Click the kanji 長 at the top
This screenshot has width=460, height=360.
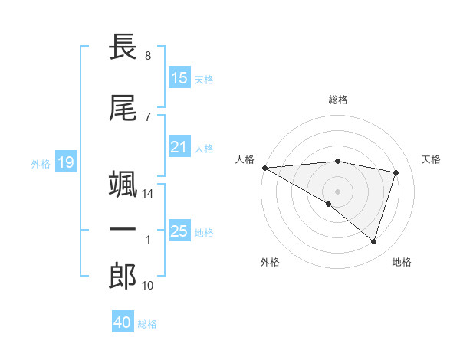(x=123, y=47)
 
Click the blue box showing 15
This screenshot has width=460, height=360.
(x=179, y=78)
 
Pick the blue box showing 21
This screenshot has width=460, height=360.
(x=179, y=147)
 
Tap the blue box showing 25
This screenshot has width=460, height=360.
(x=179, y=231)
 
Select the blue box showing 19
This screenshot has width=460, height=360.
(x=66, y=162)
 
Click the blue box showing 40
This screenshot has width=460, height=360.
(x=123, y=322)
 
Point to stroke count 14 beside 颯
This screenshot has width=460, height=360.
(x=148, y=195)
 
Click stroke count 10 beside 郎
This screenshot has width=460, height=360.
(x=148, y=286)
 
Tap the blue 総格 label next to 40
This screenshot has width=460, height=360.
(x=147, y=324)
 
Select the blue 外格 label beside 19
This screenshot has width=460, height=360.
(x=41, y=163)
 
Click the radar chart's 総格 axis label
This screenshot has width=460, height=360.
(x=337, y=100)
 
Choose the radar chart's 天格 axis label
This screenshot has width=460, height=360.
(x=432, y=159)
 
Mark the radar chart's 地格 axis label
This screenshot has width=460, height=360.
(x=402, y=262)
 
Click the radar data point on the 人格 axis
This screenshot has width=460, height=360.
(x=264, y=167)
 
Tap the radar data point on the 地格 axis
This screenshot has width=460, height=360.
(x=373, y=241)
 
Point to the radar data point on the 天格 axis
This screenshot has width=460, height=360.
(x=396, y=172)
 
